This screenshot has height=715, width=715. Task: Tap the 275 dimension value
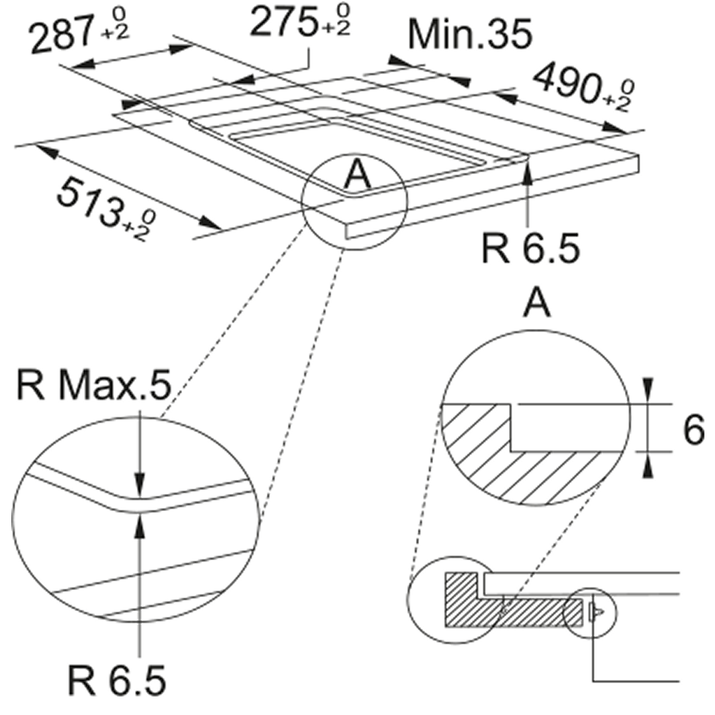(x=283, y=23)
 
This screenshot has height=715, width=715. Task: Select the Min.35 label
(x=470, y=34)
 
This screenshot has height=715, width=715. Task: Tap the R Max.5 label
(x=94, y=385)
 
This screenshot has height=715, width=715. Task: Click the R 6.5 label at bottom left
(x=117, y=681)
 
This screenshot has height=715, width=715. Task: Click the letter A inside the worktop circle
(x=358, y=176)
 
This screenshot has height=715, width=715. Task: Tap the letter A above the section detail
(x=537, y=303)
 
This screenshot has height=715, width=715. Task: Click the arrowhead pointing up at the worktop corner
(x=528, y=171)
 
